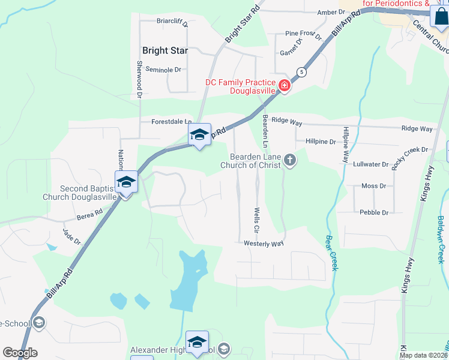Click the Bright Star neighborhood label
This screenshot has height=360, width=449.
165,50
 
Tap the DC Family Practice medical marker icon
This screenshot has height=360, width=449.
285,87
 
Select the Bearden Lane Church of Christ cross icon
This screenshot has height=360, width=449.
290,160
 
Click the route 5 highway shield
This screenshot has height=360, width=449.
302,72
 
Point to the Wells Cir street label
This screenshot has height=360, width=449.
256,220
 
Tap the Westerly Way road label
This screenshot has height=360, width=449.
264,244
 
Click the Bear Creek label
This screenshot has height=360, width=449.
331,252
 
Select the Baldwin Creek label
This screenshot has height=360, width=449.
442,239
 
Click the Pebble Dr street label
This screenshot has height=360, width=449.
373,212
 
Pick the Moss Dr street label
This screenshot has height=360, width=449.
373,186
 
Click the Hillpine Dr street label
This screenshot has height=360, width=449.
321,142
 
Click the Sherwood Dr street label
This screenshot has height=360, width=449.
139,79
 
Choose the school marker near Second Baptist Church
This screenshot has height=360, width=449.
126,182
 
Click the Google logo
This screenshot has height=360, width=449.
20,353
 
